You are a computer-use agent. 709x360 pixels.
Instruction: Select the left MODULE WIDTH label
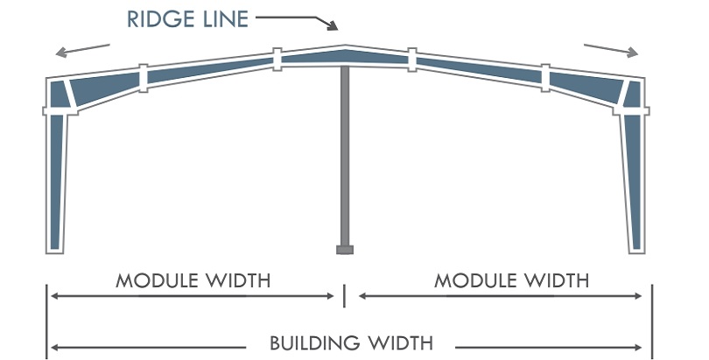tap(193, 281)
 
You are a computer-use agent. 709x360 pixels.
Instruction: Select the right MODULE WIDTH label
tap(512, 281)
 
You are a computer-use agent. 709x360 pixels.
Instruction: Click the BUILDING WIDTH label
tap(351, 342)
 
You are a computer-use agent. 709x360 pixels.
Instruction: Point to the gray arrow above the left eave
tap(82, 49)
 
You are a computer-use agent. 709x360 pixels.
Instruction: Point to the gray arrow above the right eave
tap(612, 49)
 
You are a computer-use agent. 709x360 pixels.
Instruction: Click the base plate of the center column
tap(345, 250)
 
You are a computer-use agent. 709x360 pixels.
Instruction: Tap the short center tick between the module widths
tap(345, 295)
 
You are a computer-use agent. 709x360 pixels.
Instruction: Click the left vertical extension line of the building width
tap(46, 320)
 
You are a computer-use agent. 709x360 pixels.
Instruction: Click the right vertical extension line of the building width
tap(651, 320)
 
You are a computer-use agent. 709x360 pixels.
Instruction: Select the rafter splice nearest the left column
tap(143, 77)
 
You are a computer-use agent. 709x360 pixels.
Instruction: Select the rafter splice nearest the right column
tap(545, 77)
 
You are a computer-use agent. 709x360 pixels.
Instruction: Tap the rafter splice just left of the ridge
tap(277, 59)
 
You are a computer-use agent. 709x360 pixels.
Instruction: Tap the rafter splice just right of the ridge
tap(411, 59)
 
